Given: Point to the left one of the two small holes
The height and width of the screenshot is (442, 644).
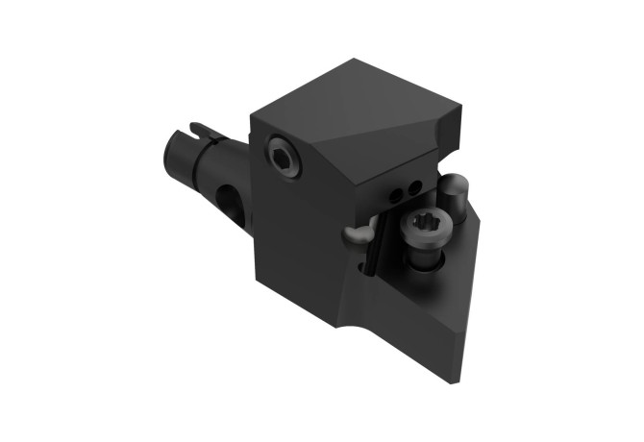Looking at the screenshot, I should (x=395, y=196).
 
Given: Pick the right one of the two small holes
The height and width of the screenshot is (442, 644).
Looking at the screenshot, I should (x=413, y=186).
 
